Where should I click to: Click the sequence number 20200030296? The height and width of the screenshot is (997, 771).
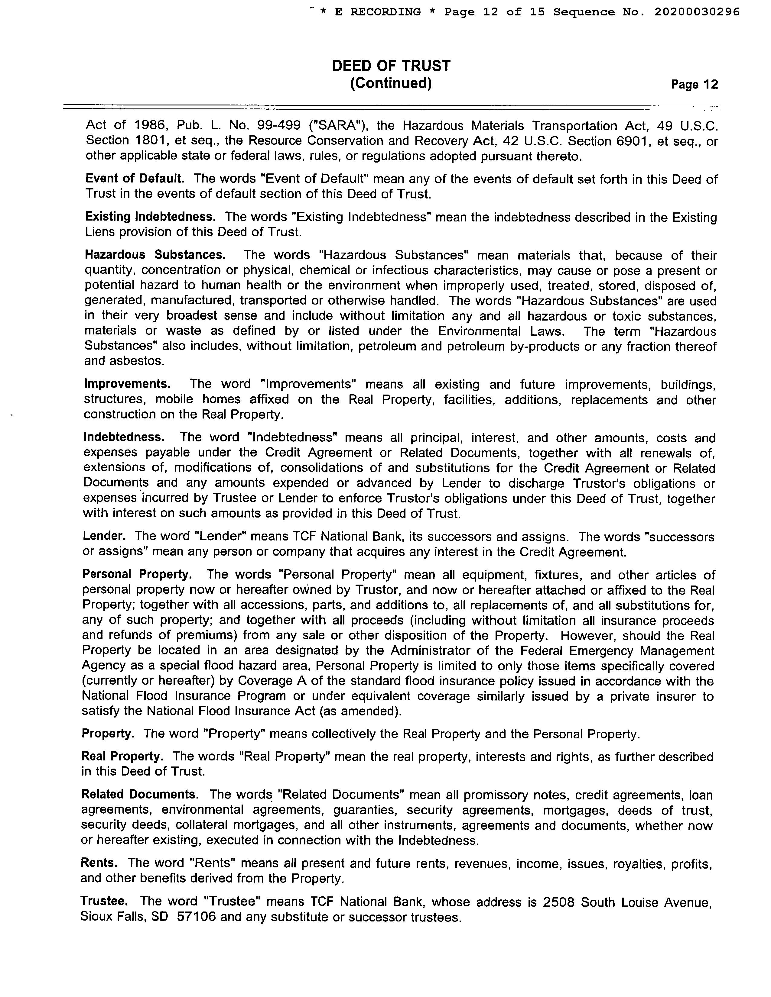697,12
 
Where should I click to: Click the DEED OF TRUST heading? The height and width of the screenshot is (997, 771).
391,66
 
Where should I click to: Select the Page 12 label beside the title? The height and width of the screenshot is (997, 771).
694,85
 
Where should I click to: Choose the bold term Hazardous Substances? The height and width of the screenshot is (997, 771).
155,254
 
